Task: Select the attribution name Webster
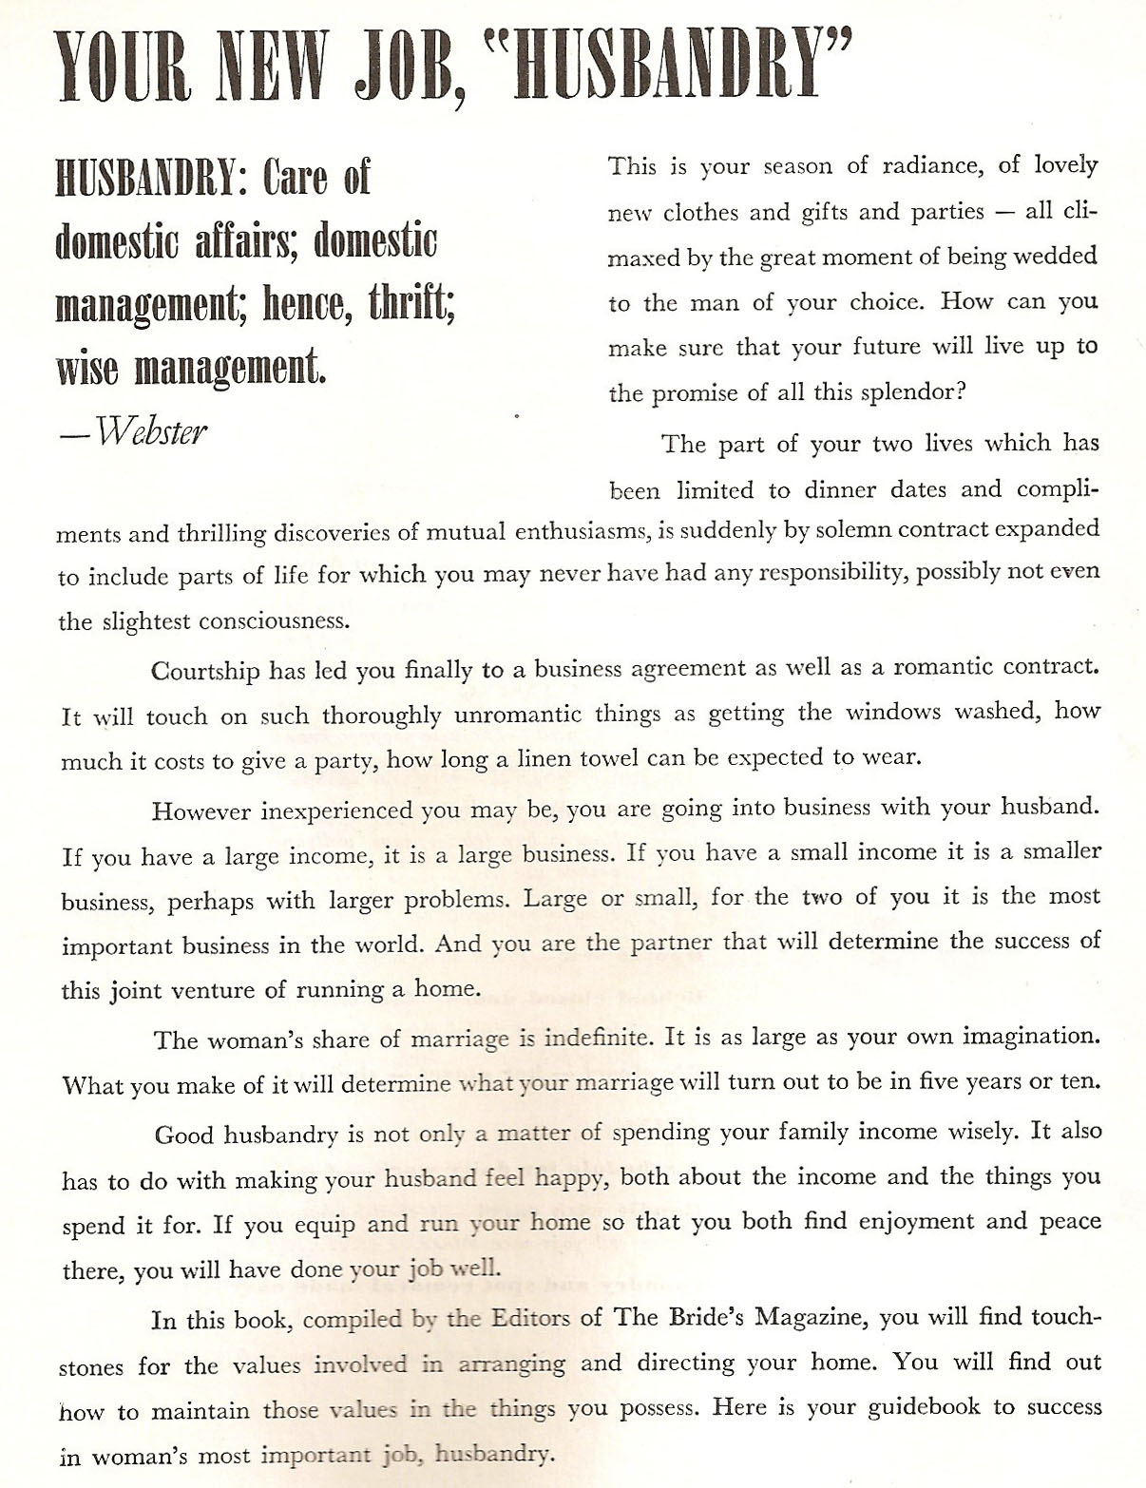tap(151, 432)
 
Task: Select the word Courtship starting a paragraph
tap(205, 671)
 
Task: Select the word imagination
tap(1031, 1037)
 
